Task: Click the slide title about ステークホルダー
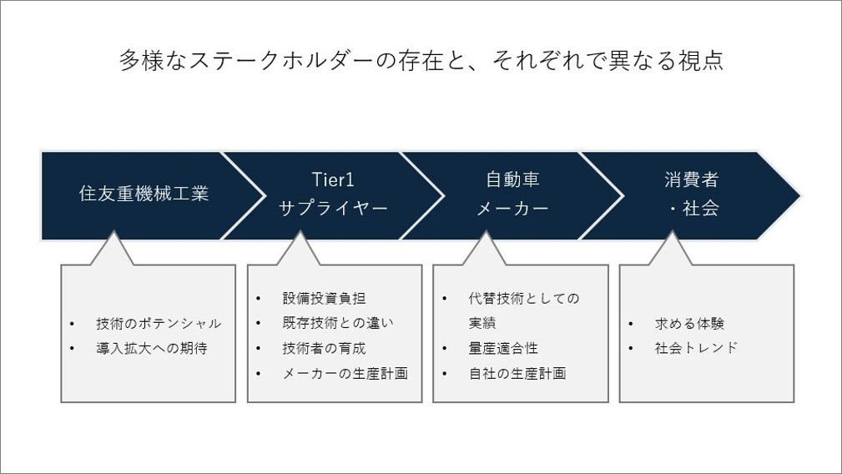point(421,60)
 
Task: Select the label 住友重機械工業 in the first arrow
point(144,194)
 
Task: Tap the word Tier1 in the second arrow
point(333,179)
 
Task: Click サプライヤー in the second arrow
point(333,209)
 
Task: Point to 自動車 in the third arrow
point(512,179)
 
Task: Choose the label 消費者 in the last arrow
point(691,179)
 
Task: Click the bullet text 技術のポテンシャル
point(159,324)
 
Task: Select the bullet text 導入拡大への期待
point(151,348)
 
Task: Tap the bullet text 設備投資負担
point(324,299)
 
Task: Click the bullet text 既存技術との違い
point(338,323)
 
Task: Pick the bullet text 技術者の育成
point(324,348)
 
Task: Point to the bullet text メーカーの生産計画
point(345,374)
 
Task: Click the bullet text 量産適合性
point(503,348)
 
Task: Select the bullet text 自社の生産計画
point(517,374)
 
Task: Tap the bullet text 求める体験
point(689,324)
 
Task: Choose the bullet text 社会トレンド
point(697,348)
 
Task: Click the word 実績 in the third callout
point(482,323)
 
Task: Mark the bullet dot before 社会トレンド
point(631,349)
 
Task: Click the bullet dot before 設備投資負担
point(259,299)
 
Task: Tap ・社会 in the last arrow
point(694,209)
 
